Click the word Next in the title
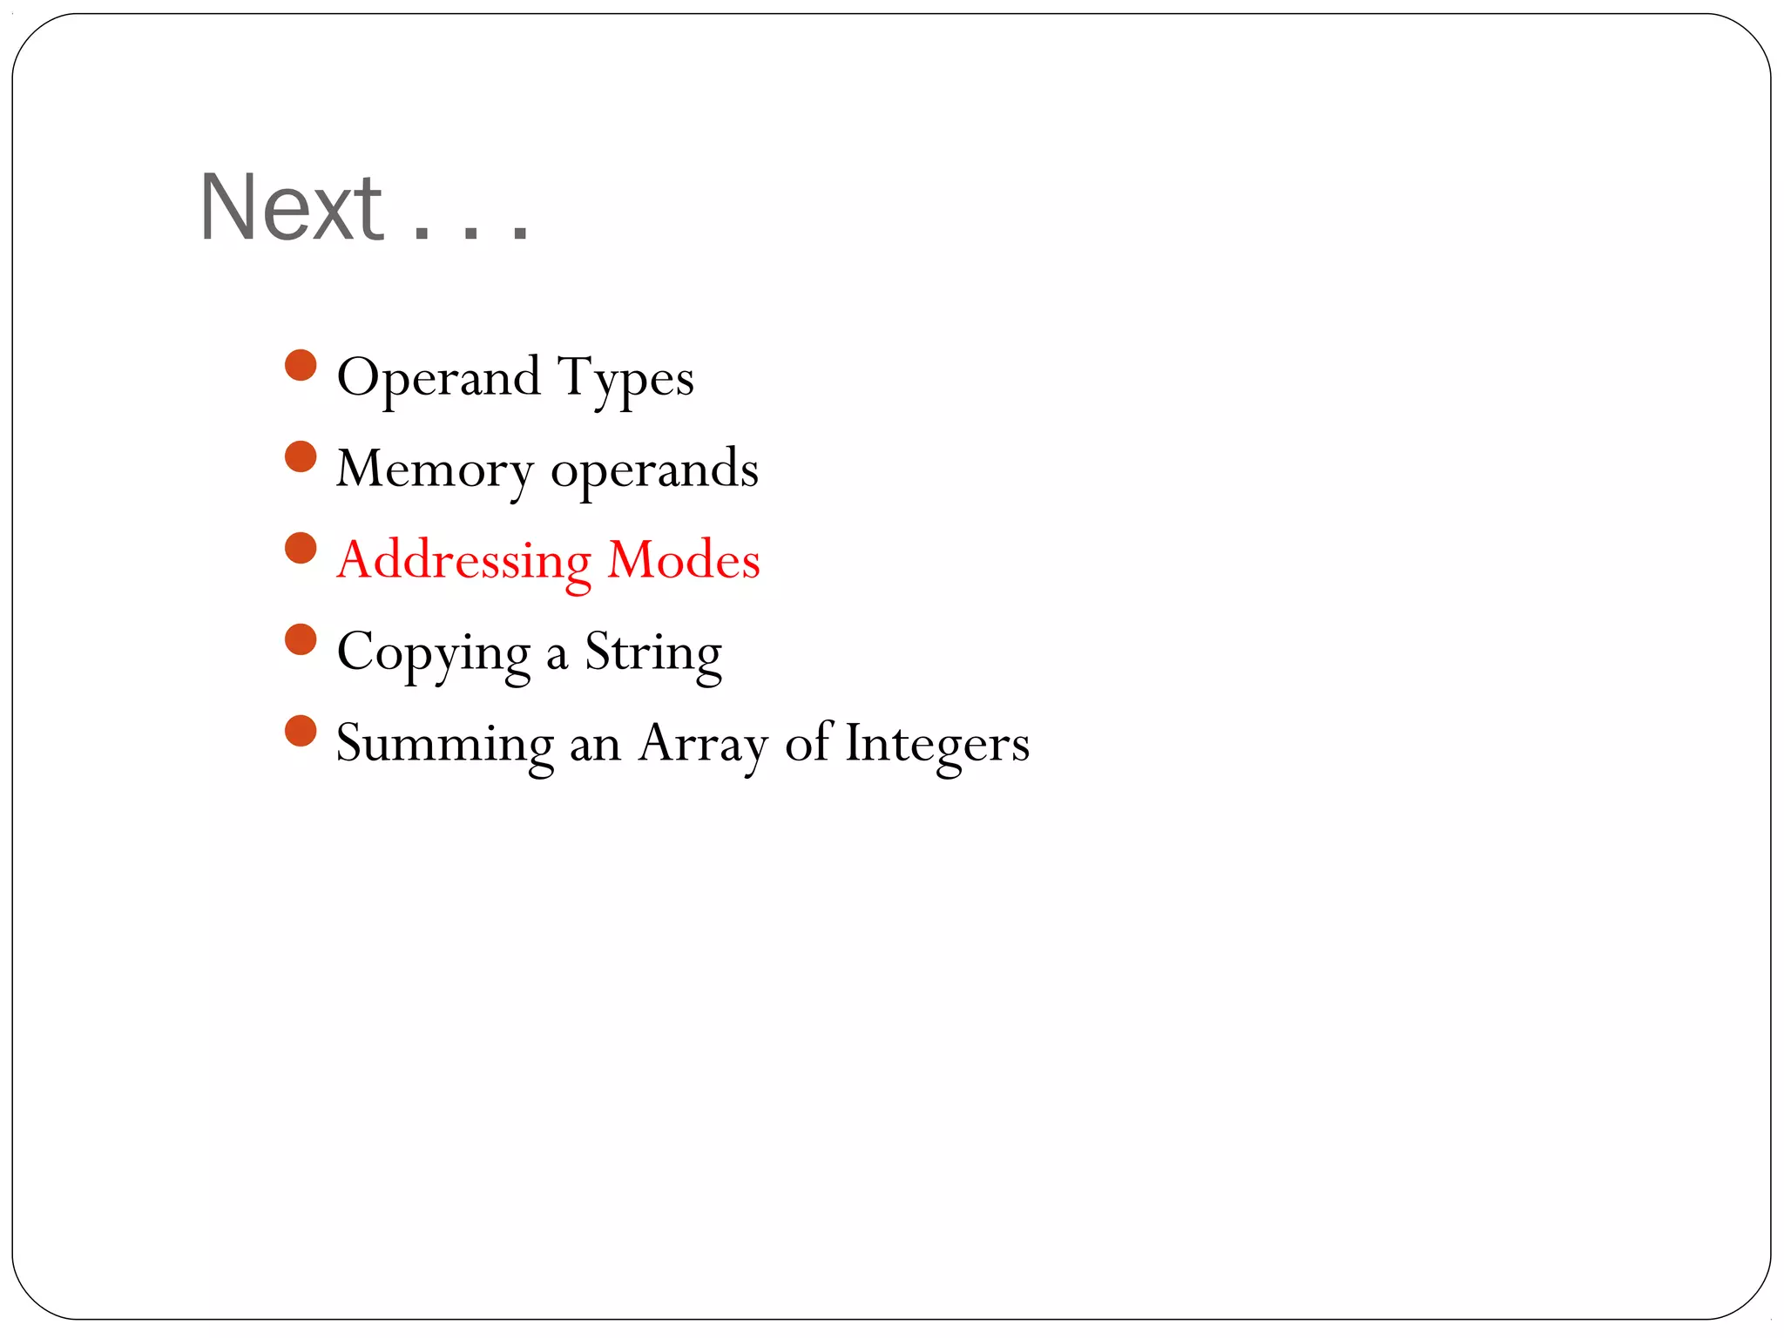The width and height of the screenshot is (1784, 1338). [x=292, y=208]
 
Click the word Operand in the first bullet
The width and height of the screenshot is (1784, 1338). [x=438, y=378]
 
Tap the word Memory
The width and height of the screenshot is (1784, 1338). [x=434, y=470]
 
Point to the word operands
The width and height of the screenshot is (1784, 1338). [x=654, y=470]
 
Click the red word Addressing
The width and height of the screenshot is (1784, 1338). [x=463, y=561]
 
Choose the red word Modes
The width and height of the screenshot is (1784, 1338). [x=684, y=560]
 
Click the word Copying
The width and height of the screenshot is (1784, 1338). [x=433, y=653]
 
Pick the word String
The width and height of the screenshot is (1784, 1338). [x=653, y=653]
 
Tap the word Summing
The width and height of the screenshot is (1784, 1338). [x=444, y=745]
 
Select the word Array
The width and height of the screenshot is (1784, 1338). [x=703, y=745]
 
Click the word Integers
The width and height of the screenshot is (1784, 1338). [x=937, y=745]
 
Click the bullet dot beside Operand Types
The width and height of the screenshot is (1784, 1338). [x=301, y=365]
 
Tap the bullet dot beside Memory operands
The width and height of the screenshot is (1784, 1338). [x=301, y=456]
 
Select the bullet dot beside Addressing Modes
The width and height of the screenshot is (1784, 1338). [x=301, y=548]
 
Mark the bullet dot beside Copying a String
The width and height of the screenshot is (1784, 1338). [x=301, y=639]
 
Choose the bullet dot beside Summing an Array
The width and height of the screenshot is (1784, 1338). [x=301, y=731]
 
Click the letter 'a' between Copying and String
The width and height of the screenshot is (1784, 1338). [x=557, y=656]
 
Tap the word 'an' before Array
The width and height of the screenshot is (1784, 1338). [x=595, y=747]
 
